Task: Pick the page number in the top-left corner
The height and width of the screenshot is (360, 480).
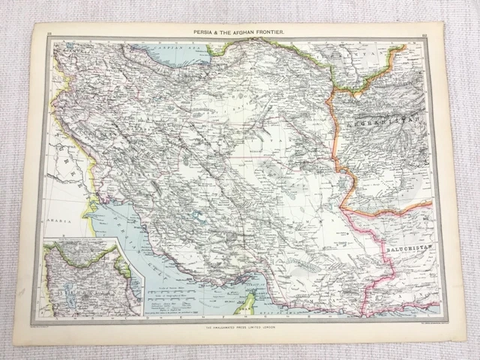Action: (49, 33)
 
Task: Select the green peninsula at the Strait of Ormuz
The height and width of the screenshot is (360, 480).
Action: (243, 304)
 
